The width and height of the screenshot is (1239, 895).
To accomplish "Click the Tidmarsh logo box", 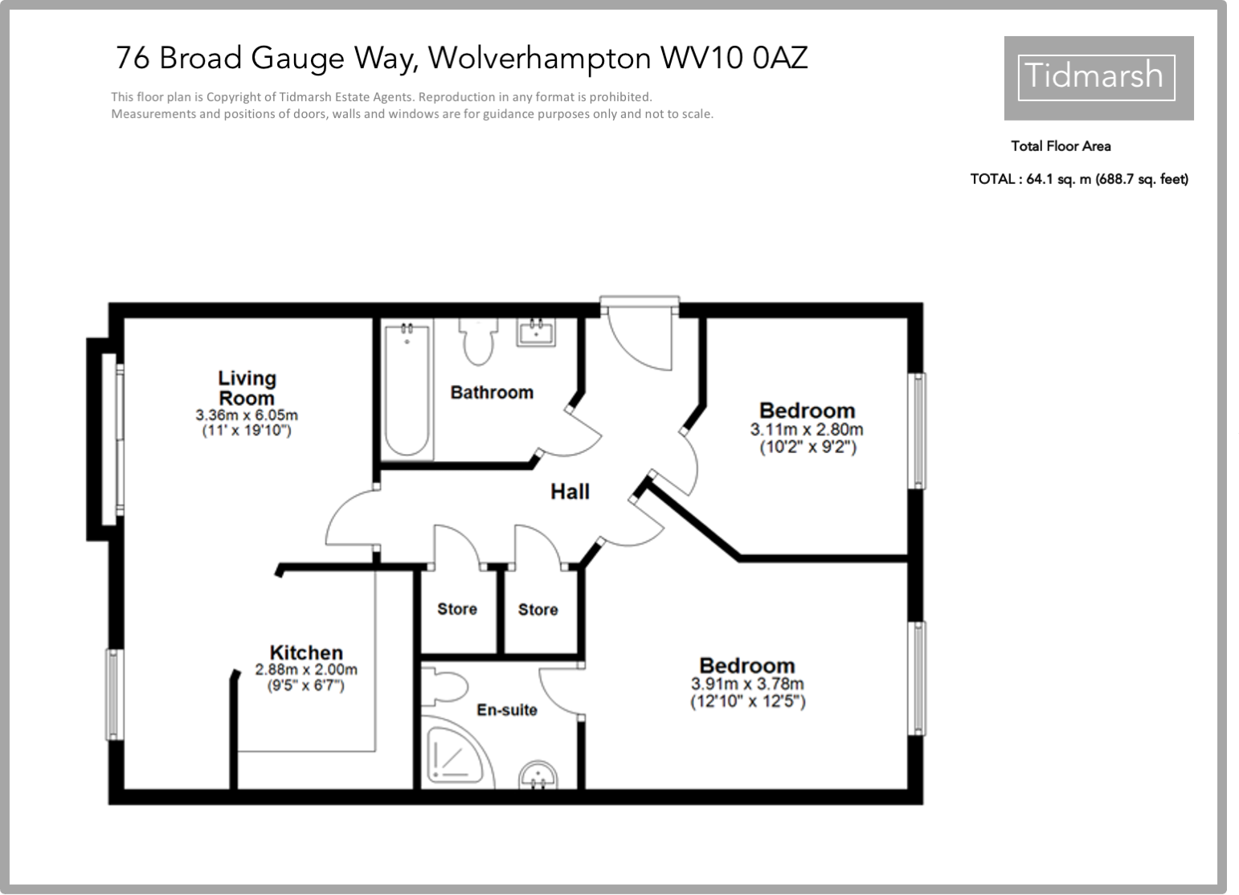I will click(x=1098, y=77).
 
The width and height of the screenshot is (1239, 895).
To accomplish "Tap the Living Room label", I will click(x=247, y=387).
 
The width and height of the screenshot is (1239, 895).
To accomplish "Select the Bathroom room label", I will click(x=492, y=392).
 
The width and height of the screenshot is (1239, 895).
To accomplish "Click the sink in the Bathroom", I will click(x=535, y=331).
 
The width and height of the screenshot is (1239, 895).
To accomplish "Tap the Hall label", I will click(x=570, y=491).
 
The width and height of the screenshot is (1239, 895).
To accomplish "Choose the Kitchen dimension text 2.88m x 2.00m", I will click(x=306, y=669).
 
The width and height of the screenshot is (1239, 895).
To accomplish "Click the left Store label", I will click(x=456, y=609).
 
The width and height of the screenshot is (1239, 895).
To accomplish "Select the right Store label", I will click(x=538, y=610).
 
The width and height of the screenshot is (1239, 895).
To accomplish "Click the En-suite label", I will click(x=506, y=710).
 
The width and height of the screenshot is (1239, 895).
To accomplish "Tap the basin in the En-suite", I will click(x=538, y=776).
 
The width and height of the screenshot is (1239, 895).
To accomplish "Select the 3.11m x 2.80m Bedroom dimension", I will click(x=807, y=430).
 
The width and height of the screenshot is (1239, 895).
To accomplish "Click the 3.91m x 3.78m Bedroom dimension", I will click(x=747, y=685).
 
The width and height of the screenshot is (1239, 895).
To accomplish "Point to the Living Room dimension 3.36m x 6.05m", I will click(x=247, y=415).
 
